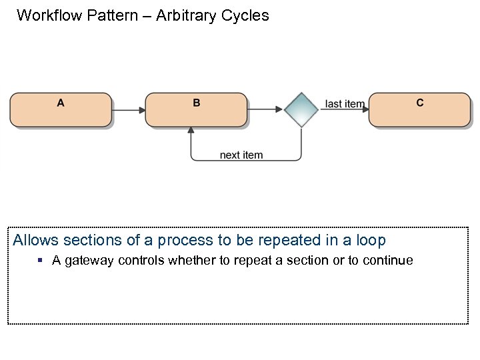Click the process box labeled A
(x=61, y=110)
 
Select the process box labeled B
(x=196, y=110)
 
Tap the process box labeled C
(x=419, y=110)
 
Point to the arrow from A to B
(x=129, y=109)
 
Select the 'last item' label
(x=344, y=104)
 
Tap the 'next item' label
(x=241, y=155)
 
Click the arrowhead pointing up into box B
(x=191, y=131)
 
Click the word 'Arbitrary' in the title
(x=187, y=15)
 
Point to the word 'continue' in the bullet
(x=388, y=261)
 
